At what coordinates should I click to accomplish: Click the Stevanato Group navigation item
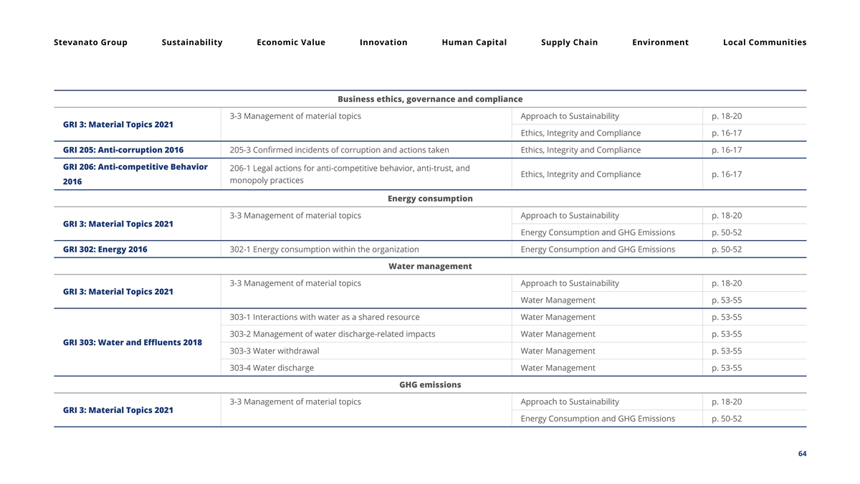90,42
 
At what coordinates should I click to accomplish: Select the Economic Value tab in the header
291,42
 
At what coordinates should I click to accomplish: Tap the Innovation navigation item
383,42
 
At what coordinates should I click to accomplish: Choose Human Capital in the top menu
474,42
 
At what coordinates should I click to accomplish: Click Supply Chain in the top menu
569,42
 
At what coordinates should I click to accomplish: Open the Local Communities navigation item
764,42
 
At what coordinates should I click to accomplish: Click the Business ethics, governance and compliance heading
430,99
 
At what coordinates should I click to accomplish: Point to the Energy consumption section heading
430,199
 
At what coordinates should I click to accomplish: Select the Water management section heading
430,266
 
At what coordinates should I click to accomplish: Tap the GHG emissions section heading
430,385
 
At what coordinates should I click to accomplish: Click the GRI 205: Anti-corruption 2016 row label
123,150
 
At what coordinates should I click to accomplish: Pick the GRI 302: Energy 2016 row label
105,250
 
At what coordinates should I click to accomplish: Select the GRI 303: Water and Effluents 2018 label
133,342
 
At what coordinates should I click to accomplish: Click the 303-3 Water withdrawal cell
274,351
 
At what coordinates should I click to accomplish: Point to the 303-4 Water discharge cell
272,368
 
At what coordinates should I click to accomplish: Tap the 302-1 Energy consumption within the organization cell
324,250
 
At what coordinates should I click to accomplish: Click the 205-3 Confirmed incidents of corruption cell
339,150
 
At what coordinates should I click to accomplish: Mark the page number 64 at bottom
802,454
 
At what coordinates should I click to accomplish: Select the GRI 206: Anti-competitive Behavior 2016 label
135,174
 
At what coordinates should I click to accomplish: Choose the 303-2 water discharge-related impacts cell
332,334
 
